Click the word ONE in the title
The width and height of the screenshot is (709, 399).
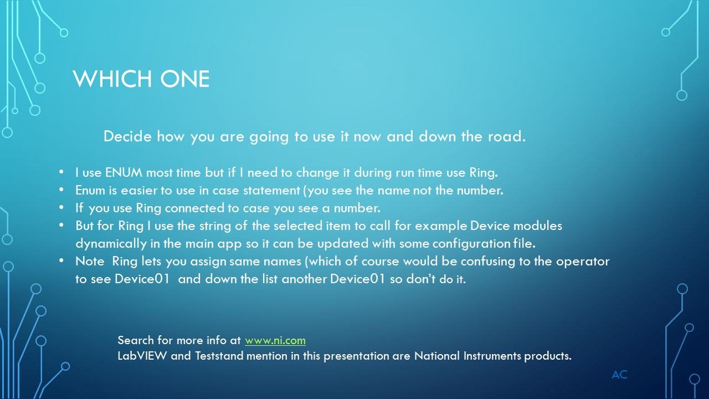click(185, 79)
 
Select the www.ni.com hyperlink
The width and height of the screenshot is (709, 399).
click(275, 341)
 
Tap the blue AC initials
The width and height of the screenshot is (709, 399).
click(619, 375)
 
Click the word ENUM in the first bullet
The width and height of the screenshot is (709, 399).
click(124, 172)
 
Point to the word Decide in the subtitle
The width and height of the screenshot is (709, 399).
click(127, 136)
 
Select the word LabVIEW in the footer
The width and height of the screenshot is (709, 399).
click(142, 356)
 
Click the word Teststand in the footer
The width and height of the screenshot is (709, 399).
click(219, 356)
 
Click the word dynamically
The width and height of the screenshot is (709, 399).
click(111, 244)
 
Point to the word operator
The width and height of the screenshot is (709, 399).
click(583, 262)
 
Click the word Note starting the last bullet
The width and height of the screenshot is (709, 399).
click(90, 261)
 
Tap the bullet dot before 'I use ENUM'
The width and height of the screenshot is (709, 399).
click(61, 172)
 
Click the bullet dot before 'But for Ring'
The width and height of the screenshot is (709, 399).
click(61, 225)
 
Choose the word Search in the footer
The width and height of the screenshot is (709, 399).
click(136, 340)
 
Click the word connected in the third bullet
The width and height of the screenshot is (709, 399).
click(194, 208)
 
